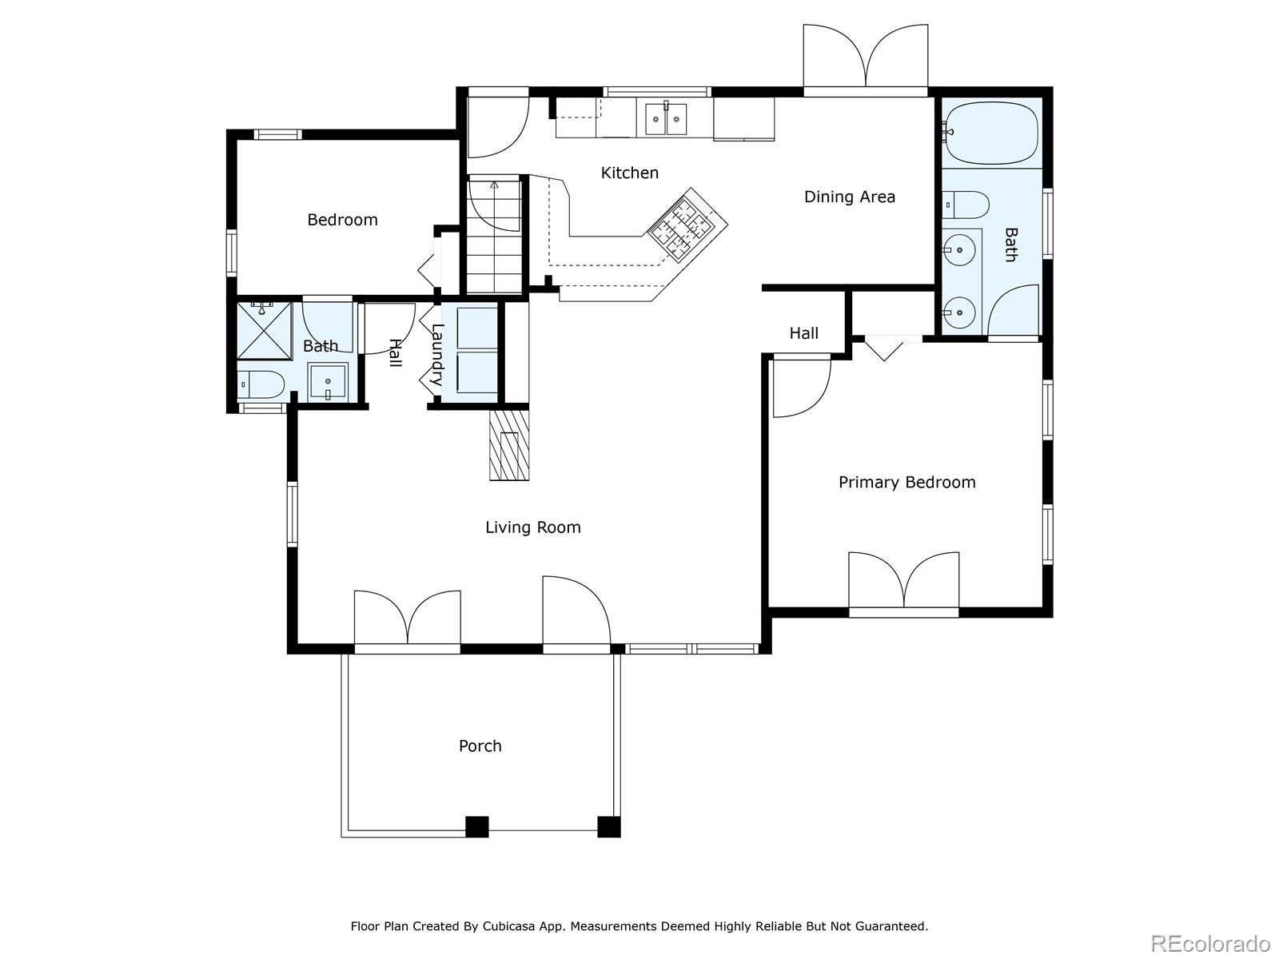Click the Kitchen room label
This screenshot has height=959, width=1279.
click(x=629, y=173)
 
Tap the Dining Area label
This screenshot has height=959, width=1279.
click(x=850, y=197)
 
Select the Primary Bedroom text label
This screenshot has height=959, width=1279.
click(x=906, y=482)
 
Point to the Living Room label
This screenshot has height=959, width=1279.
click(x=533, y=527)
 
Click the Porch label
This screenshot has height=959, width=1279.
click(x=480, y=746)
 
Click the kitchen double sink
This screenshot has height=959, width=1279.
click(x=665, y=119)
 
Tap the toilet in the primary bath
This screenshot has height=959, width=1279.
click(x=966, y=205)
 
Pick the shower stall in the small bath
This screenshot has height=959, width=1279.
click(x=264, y=331)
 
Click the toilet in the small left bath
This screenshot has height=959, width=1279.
click(x=261, y=384)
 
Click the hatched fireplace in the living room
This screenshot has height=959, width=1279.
click(x=509, y=445)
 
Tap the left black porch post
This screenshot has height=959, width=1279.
click(x=476, y=826)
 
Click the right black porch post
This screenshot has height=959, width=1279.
click(x=609, y=826)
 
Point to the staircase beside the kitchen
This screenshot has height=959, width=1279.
click(x=494, y=234)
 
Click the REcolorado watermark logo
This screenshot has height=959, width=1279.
click(x=1210, y=942)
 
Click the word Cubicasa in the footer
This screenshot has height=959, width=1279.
click(x=506, y=925)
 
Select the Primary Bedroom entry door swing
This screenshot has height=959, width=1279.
click(x=801, y=388)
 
